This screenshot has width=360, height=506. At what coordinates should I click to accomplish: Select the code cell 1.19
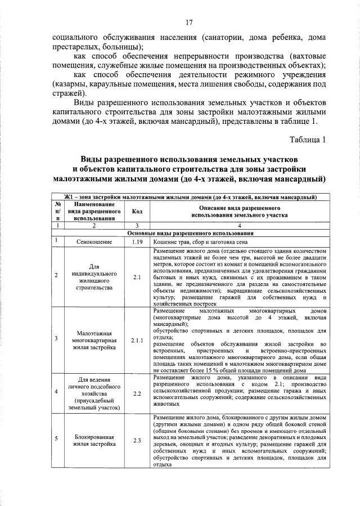136,241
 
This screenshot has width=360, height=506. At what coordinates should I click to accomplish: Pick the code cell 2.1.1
136,340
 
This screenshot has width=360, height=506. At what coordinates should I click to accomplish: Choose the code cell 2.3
136,441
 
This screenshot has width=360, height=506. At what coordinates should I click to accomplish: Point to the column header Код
136,212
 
